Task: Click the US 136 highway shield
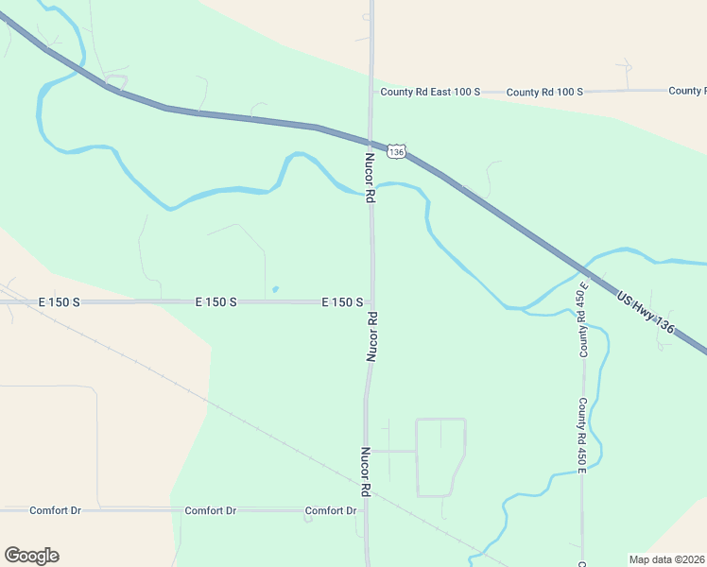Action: (397, 151)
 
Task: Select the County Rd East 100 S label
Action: (430, 92)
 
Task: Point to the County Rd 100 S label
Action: (544, 92)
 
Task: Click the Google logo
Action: (31, 556)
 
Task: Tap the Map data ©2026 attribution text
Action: (667, 558)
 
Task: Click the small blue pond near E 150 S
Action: (275, 289)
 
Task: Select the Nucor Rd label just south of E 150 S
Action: (372, 337)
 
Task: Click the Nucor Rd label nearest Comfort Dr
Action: (364, 472)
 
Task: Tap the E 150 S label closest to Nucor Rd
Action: (342, 302)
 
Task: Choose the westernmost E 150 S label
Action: (60, 302)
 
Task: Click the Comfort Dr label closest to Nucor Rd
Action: (330, 511)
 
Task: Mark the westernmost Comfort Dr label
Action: (55, 510)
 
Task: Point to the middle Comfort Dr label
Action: (210, 510)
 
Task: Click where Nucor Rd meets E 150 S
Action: (372, 302)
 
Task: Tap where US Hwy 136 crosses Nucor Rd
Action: (371, 139)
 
